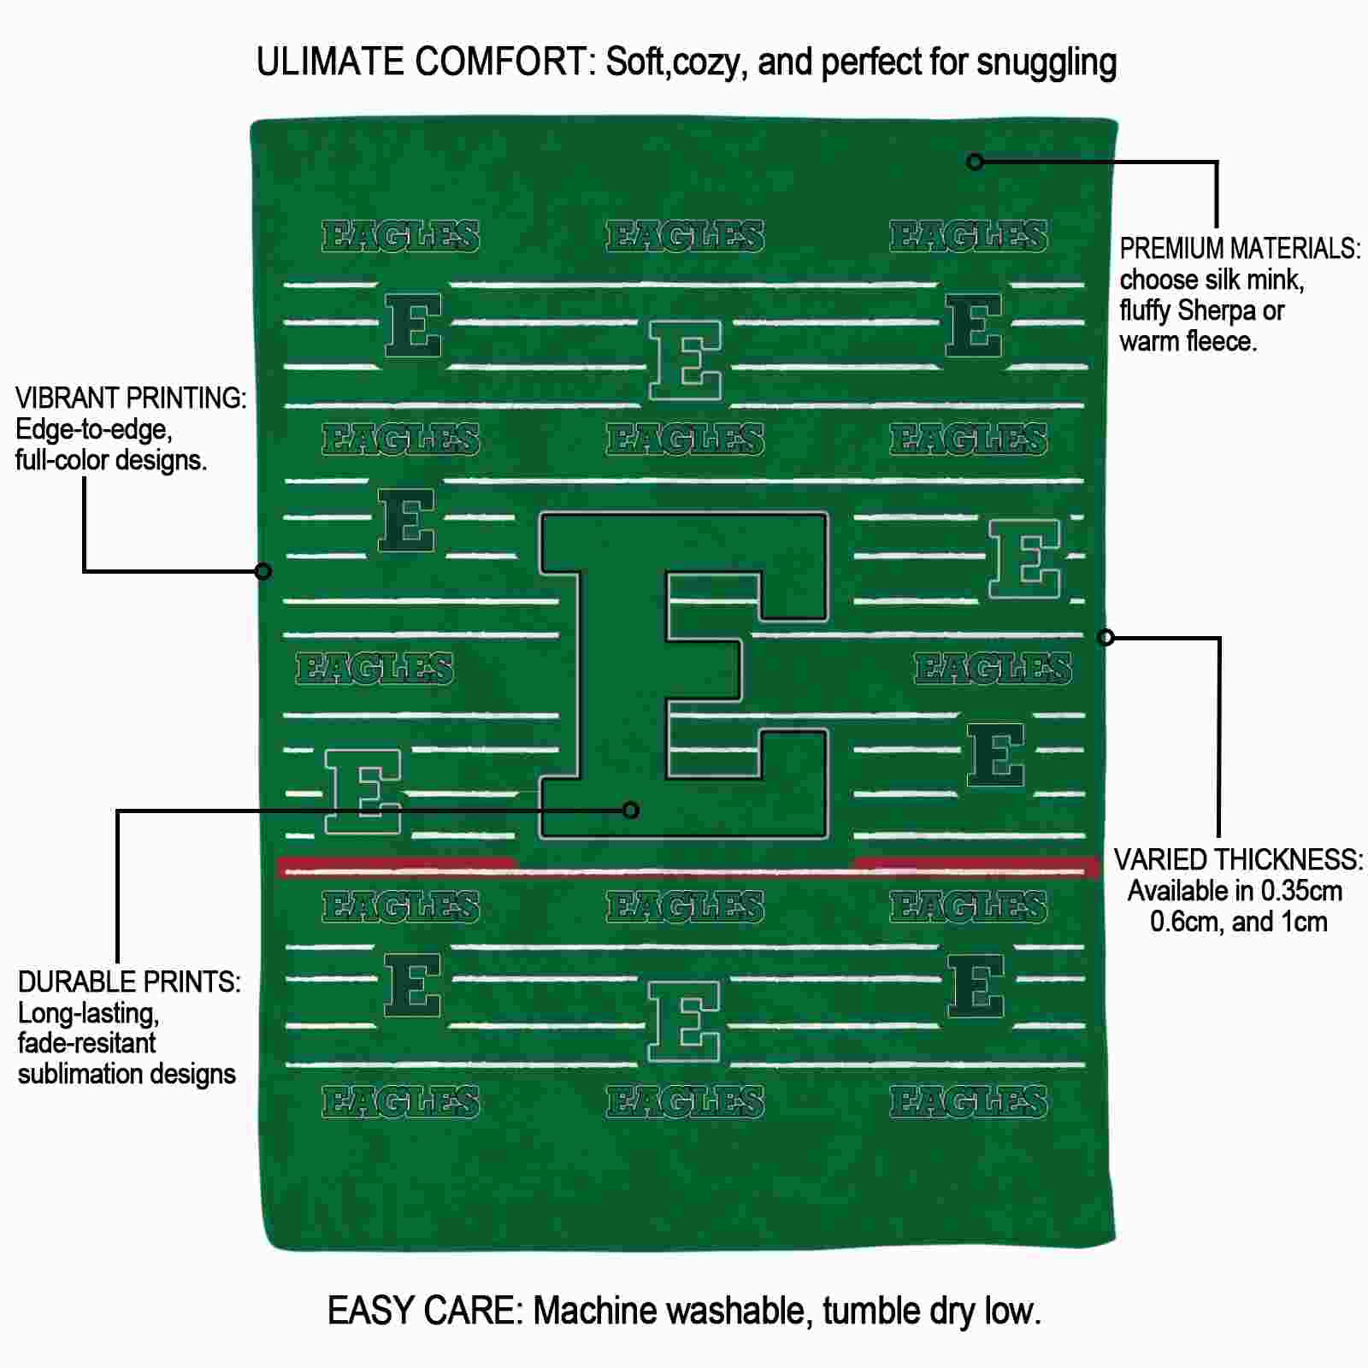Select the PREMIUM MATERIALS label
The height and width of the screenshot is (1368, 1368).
(1240, 249)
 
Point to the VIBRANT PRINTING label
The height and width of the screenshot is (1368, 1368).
(131, 398)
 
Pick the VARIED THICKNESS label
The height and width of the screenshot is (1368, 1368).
(1239, 860)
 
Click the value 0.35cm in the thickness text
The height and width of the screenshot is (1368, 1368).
(1289, 892)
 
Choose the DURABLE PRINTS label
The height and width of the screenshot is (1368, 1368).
(129, 982)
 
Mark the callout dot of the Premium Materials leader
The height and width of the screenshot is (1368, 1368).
(975, 162)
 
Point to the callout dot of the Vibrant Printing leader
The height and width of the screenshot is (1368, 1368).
(263, 570)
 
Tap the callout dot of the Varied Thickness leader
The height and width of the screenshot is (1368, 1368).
(1106, 637)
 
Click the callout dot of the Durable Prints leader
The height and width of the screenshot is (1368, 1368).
(631, 810)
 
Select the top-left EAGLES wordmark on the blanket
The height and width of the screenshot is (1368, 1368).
(400, 237)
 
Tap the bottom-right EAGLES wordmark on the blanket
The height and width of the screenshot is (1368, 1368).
(968, 1102)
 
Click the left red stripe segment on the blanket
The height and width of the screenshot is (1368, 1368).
(397, 867)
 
